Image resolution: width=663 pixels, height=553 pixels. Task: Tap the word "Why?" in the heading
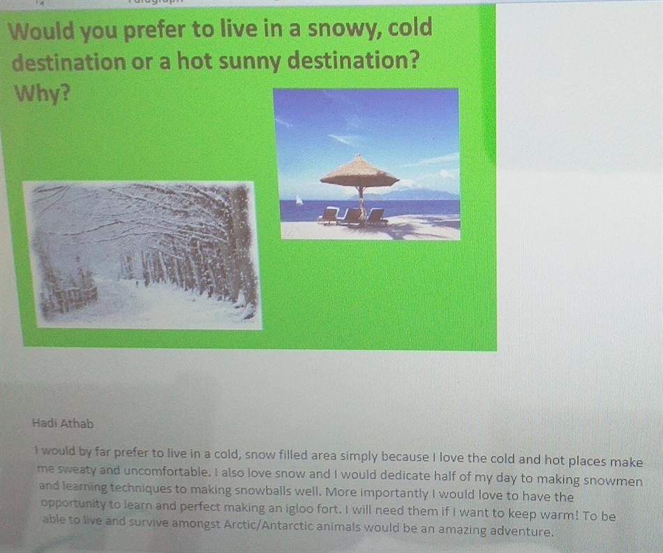[42, 93]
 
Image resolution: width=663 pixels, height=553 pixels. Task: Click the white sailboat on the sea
[299, 200]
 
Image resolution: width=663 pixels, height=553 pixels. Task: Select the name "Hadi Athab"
[63, 423]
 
